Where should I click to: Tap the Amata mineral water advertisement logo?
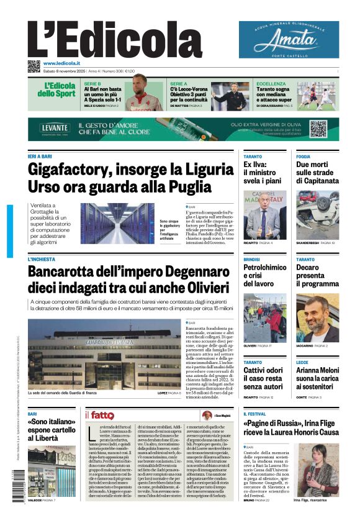289,40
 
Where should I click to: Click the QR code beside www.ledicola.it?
34,66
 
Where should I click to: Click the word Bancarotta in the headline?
68,272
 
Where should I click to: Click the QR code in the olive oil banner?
318,129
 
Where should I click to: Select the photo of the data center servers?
117,223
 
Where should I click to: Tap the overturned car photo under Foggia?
317,214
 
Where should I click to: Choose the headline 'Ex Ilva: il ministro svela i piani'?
261,173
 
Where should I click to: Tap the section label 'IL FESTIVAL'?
254,414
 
